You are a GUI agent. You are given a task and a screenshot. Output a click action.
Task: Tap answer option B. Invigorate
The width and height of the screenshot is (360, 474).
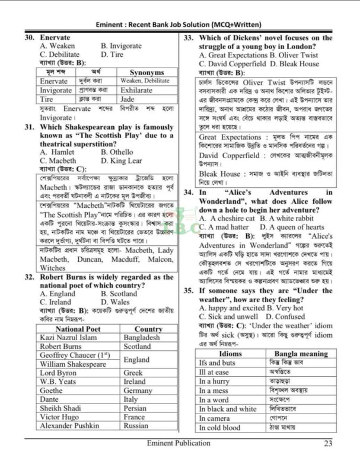pyautogui.click(x=121, y=46)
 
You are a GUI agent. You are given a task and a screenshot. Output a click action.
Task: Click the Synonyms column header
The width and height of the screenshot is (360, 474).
pyautogui.click(x=146, y=72)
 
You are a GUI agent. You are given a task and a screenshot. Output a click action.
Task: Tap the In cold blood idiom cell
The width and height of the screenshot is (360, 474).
pyautogui.click(x=220, y=428)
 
